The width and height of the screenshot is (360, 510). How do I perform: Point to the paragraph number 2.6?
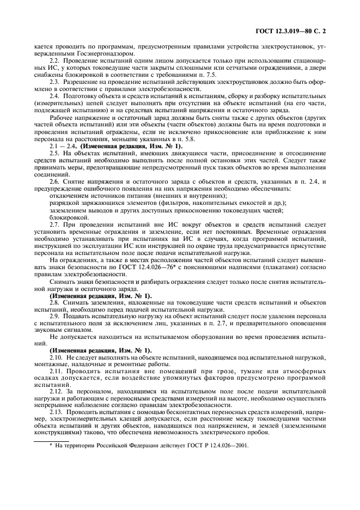54,181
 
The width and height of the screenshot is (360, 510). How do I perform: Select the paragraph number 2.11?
55,371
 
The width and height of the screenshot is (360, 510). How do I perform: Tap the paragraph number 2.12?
55,392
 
